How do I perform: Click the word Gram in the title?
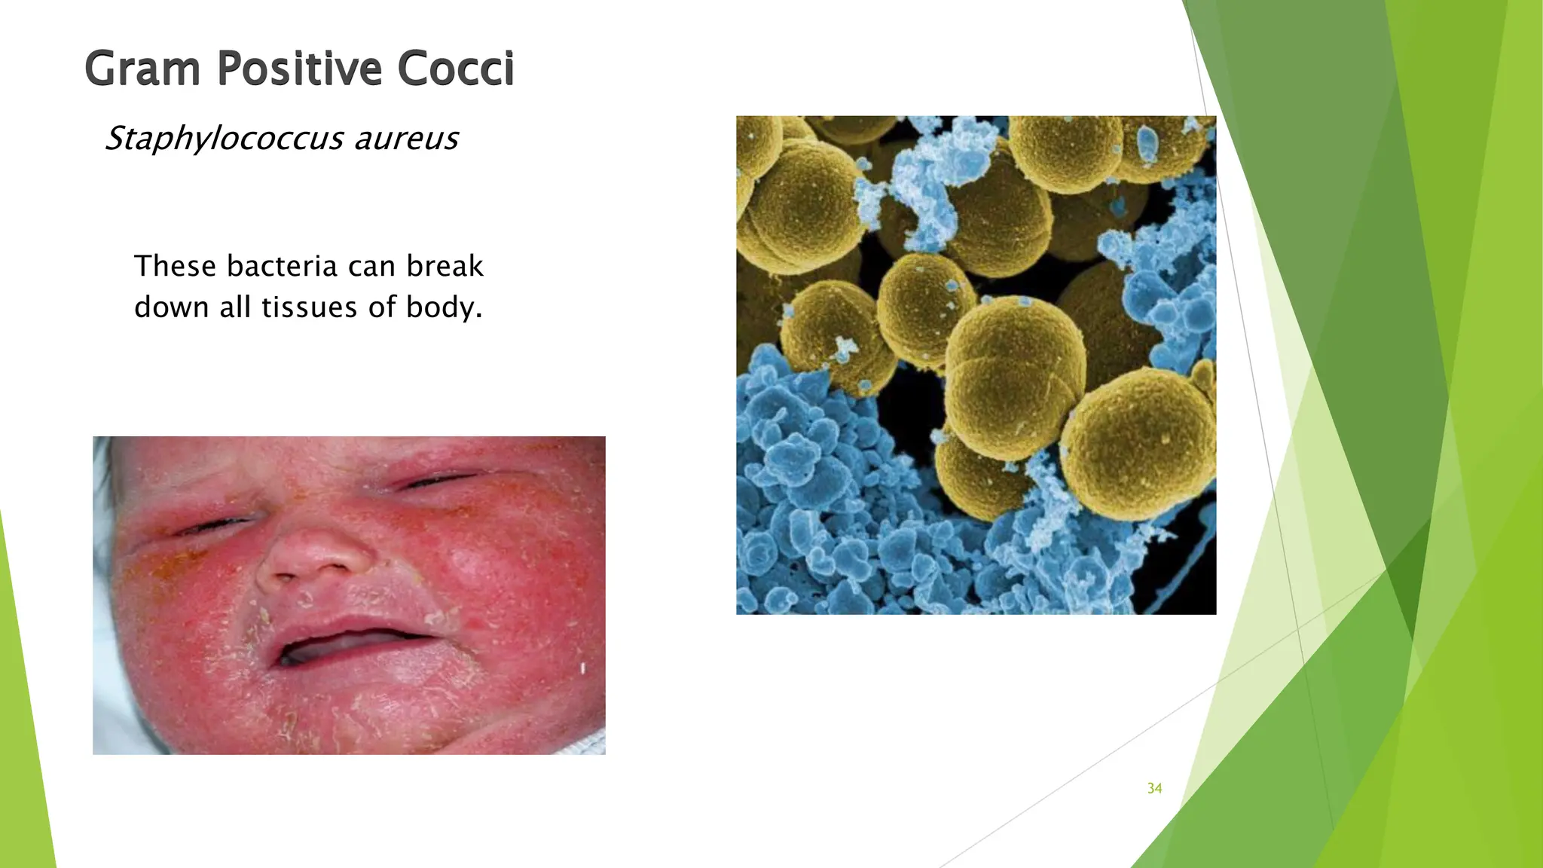(142, 69)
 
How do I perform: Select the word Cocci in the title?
(456, 69)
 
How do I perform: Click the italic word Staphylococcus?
(224, 139)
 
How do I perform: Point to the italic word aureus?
(406, 139)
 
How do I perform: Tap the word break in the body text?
(445, 266)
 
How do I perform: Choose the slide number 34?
(1154, 788)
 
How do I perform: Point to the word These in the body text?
(176, 266)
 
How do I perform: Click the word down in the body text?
(170, 307)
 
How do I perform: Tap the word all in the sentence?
(235, 307)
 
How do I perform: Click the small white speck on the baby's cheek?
(582, 668)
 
